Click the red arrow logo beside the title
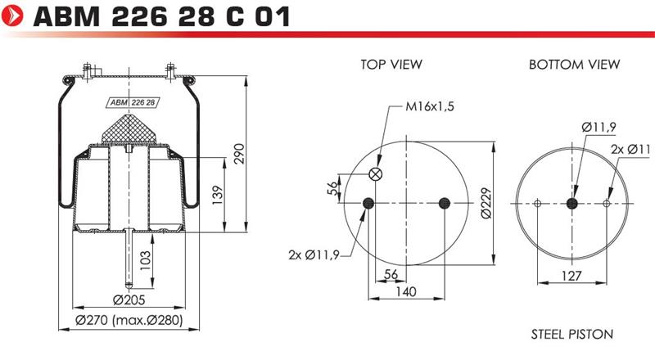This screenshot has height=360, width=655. click(12, 16)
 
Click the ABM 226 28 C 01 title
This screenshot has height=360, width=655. click(161, 16)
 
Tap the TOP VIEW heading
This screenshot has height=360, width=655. click(391, 65)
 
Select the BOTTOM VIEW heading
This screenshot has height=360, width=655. click(575, 65)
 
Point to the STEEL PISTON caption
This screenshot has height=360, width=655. click(571, 334)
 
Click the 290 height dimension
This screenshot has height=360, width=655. click(239, 153)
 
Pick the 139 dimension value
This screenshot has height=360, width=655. click(218, 195)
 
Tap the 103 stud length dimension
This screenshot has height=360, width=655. click(145, 260)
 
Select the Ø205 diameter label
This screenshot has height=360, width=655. click(129, 299)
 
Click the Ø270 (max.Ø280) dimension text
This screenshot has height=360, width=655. click(129, 321)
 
